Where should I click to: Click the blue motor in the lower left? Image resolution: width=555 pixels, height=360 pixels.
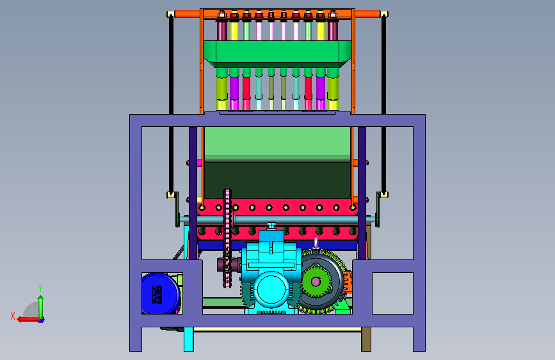[160, 294]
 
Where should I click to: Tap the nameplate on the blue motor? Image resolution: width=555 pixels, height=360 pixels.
[157, 295]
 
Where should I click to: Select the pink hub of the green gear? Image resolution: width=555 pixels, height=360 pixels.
[316, 282]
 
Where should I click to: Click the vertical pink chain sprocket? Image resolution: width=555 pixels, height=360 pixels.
[227, 238]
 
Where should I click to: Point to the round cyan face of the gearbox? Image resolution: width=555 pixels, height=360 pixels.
[271, 290]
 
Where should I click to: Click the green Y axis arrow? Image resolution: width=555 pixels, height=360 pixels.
[41, 307]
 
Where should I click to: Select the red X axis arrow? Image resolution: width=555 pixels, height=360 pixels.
[28, 320]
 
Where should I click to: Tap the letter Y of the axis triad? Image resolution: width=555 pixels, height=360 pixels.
[40, 288]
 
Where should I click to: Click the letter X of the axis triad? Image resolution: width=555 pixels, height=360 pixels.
[13, 316]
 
